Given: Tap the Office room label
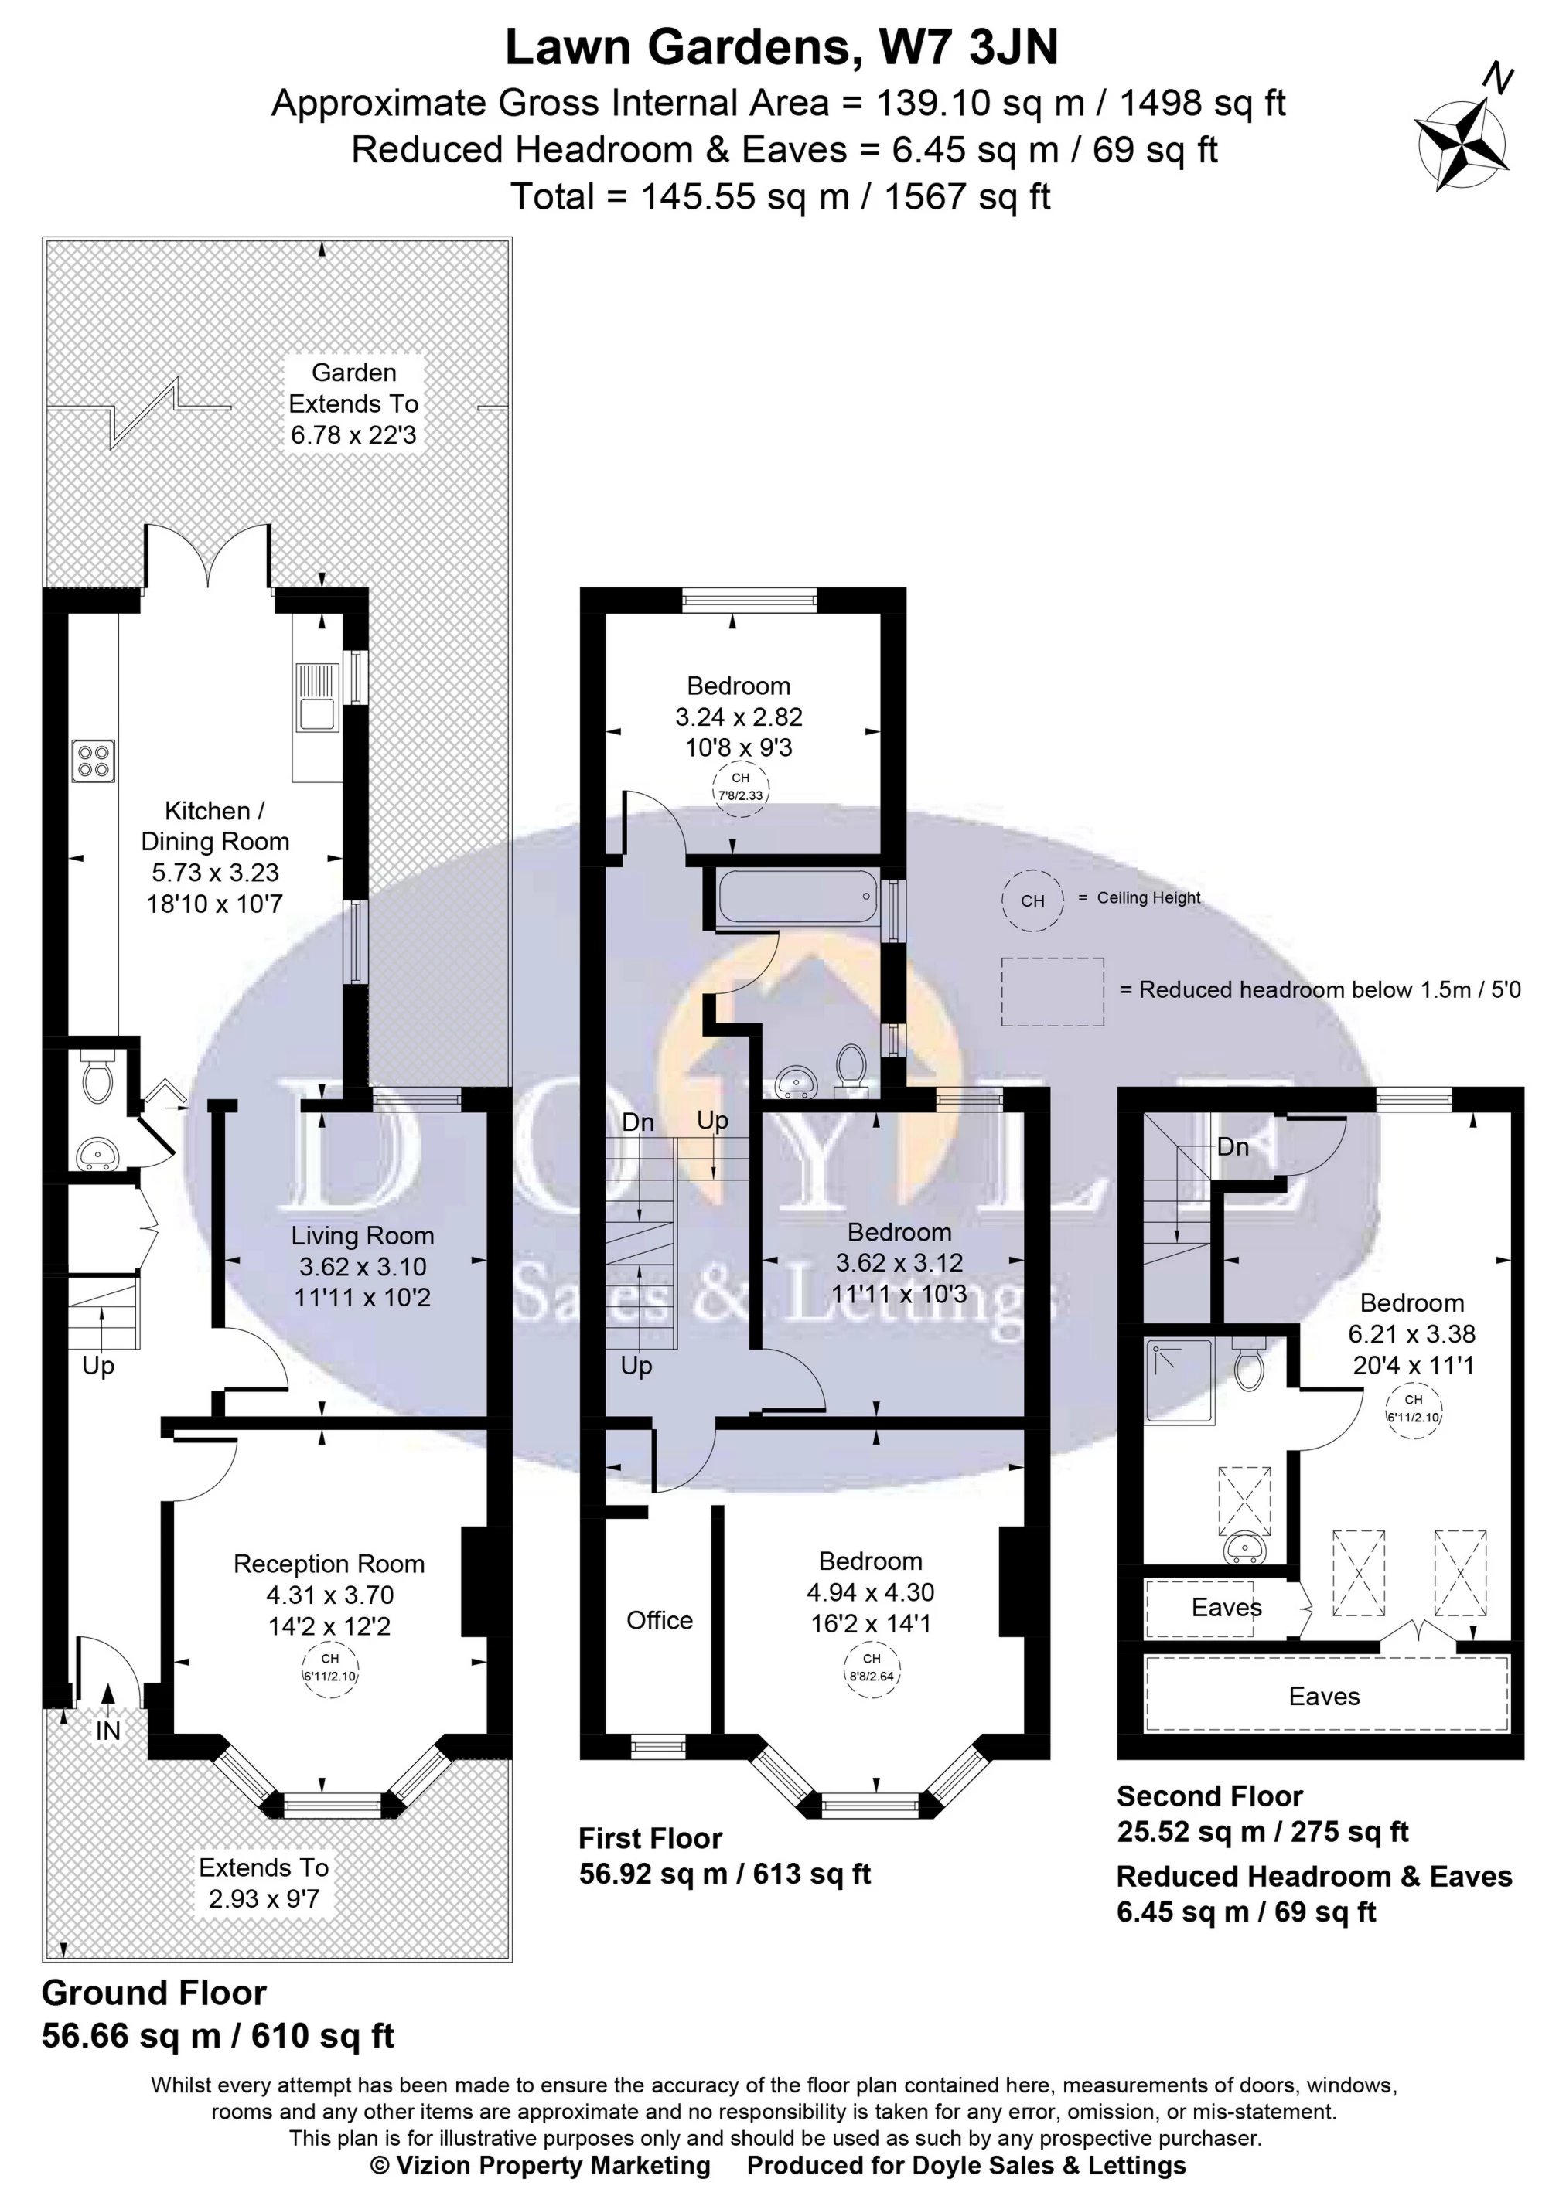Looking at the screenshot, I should point(660,1620).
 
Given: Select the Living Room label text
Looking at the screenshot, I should point(363,1236).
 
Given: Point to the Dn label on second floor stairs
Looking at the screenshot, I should point(1233,1147).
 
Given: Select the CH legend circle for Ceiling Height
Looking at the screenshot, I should point(1032,900).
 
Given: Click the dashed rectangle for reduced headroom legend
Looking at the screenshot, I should point(1052,992).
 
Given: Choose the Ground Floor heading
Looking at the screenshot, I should point(155,1993).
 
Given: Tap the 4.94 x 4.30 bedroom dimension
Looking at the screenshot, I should point(871,1592).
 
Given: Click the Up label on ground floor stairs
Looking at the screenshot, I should point(98,1366).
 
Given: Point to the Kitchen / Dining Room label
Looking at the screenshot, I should point(215,826).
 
